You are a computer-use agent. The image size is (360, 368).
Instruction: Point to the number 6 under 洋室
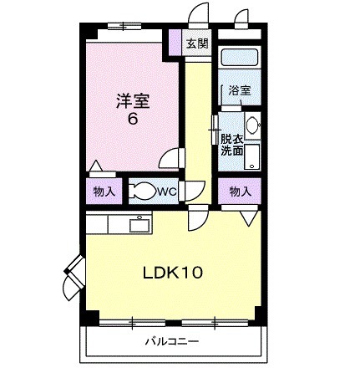pos(132,119)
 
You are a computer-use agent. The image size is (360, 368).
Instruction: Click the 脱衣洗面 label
pos(231,145)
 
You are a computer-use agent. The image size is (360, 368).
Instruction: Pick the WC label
pos(165,192)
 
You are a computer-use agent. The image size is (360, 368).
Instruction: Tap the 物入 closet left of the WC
pos(104,192)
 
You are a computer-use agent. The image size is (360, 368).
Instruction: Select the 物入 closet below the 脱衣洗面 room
pos(240,192)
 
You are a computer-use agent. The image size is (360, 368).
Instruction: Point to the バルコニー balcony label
pos(170,341)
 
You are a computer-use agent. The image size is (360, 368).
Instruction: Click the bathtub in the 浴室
pos(239,61)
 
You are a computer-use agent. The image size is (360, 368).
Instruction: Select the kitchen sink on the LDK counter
pos(138,223)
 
